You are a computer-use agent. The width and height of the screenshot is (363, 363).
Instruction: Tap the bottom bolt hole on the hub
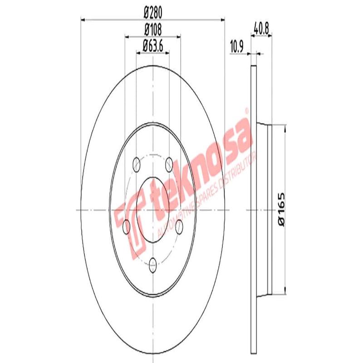153,262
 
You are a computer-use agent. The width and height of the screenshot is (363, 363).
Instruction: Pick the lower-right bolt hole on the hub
180,226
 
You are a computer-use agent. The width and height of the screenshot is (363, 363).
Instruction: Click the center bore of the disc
153,210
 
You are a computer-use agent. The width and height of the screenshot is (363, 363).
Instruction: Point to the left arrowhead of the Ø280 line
83,19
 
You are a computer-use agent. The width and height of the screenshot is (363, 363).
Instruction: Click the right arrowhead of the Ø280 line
222,19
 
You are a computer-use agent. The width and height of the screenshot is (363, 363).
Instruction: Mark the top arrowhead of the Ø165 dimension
285,129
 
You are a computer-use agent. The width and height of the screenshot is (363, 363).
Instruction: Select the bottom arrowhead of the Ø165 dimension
285,291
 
